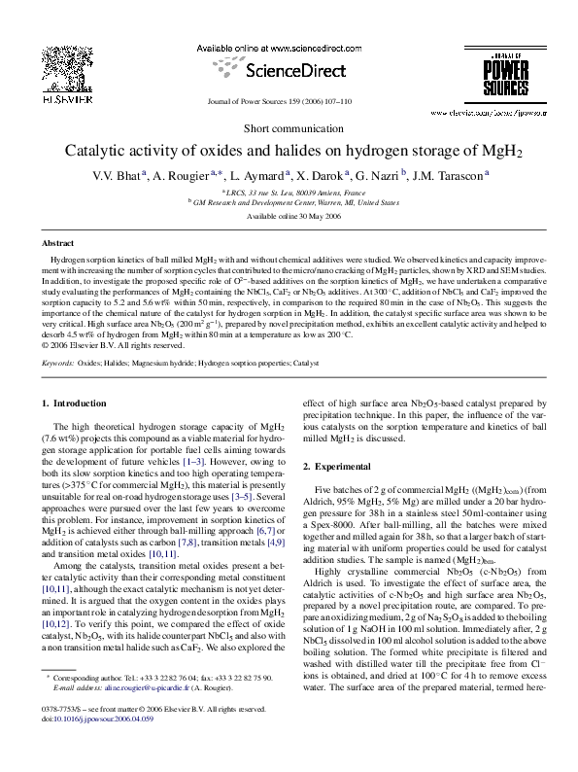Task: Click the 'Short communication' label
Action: click(x=289, y=129)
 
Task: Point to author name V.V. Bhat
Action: click(x=117, y=175)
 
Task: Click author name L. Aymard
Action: click(x=259, y=175)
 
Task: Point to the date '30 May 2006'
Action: click(x=311, y=217)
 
